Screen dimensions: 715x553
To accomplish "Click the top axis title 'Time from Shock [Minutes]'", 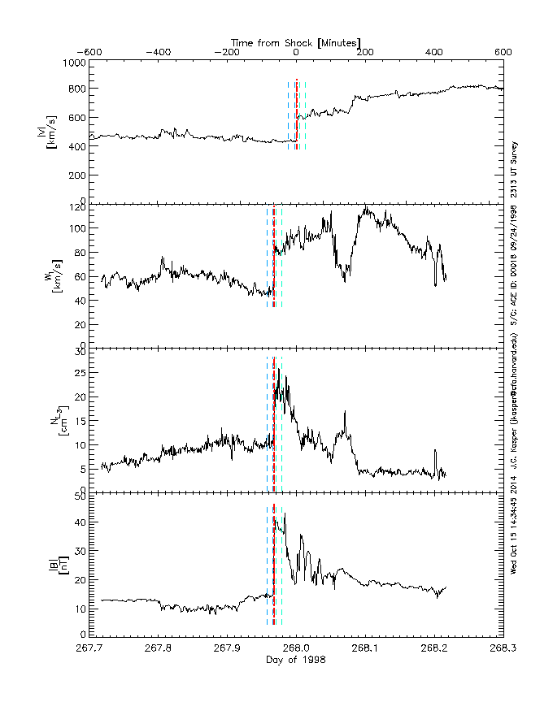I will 296,41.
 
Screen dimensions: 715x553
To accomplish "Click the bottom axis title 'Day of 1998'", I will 296,659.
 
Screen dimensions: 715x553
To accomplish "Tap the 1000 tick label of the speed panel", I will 74,63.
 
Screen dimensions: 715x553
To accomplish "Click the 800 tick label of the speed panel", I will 76,89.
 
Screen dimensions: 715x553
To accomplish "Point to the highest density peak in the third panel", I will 279,370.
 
